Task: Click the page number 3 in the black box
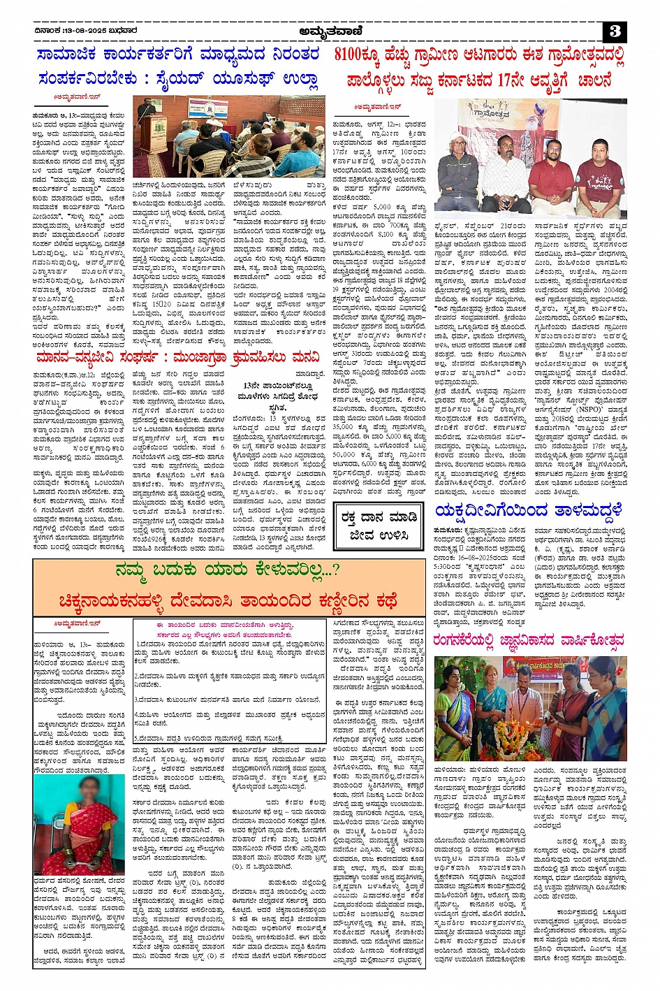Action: click(x=615, y=31)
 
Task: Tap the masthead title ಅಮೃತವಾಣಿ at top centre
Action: click(x=328, y=31)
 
